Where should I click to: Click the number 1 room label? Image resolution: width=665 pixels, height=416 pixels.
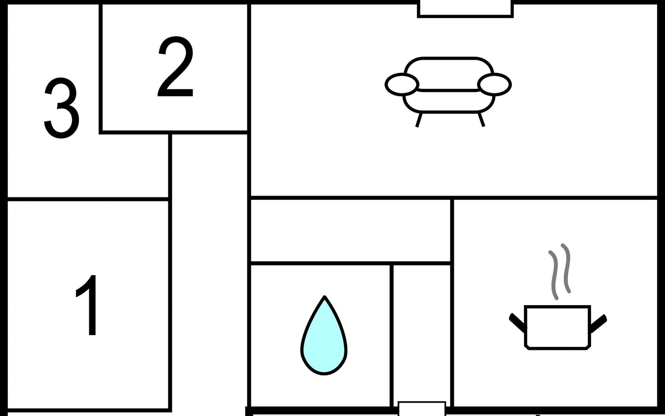coord(88,305)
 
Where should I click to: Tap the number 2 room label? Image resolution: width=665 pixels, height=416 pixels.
coord(176,67)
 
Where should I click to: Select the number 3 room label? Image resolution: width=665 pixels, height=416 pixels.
coord(62,108)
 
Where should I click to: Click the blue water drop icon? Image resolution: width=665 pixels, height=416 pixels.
coord(324,338)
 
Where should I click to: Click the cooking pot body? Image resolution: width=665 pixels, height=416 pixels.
coord(557,327)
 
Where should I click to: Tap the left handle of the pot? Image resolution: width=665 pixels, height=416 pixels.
coord(517,322)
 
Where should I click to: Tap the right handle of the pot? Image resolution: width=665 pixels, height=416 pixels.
coord(598,322)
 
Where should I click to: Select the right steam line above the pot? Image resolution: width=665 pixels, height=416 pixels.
coord(566,269)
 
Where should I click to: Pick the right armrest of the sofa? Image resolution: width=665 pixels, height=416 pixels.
coord(494,84)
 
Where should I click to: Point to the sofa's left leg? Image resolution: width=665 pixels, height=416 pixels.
coord(419,120)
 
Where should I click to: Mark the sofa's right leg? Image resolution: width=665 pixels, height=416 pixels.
coord(481,120)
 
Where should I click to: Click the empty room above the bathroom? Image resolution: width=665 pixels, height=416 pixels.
coord(351,231)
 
